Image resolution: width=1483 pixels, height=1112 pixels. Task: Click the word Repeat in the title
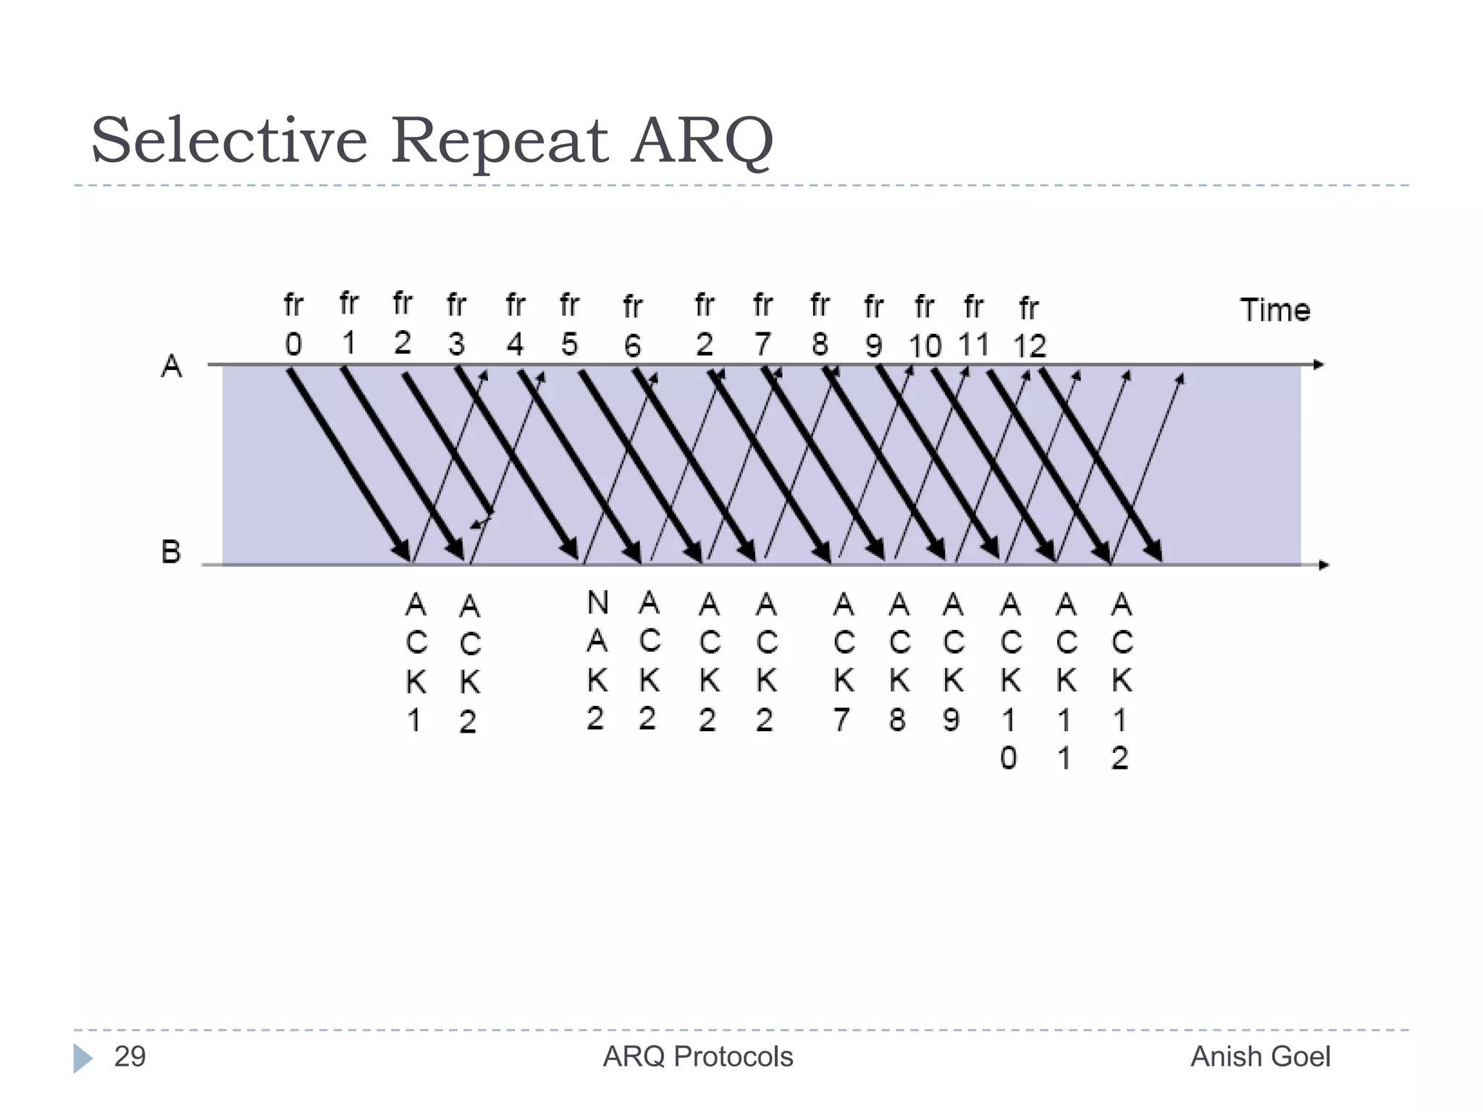point(500,141)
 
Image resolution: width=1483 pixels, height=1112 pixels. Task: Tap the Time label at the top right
point(1275,310)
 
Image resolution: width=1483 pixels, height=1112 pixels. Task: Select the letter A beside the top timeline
point(172,366)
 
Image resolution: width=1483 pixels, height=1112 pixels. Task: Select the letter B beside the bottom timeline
point(171,552)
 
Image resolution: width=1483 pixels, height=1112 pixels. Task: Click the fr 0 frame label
point(293,325)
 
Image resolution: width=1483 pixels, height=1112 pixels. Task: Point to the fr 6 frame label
point(632,327)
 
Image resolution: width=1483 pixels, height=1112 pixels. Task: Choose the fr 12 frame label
point(1029,328)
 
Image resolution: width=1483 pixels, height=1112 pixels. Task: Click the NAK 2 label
point(597,660)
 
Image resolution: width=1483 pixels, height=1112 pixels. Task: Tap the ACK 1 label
point(416,662)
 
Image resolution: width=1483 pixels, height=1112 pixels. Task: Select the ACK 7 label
point(843,662)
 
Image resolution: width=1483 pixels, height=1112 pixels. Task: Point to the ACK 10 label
point(1010,681)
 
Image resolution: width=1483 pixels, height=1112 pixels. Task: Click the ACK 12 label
point(1121,681)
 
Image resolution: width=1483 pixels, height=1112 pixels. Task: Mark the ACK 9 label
point(953,662)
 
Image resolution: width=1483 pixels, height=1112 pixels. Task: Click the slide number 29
point(130,1057)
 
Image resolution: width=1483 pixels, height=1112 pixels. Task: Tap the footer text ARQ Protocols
point(698,1057)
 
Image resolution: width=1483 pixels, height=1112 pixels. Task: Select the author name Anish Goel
point(1261,1057)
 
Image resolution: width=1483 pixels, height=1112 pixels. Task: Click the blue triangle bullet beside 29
point(83,1058)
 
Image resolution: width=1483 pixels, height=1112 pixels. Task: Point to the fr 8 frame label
point(820,325)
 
